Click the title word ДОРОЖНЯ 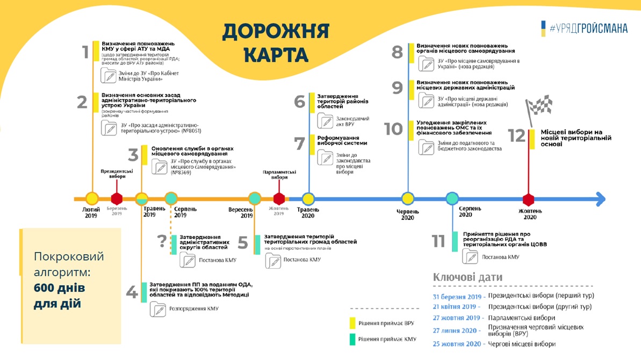pos(276,32)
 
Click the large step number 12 pos(516,135)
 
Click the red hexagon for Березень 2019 pos(117,199)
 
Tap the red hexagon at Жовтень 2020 pos(529,199)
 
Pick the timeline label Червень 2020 pos(408,214)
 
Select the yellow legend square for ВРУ pos(352,322)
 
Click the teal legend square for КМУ pos(352,340)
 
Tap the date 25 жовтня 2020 pos(457,344)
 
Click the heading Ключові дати pos(467,277)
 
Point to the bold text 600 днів pos(59,288)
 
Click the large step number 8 pos(397,52)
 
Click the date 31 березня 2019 pos(457,296)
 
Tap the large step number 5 pos(243,243)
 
